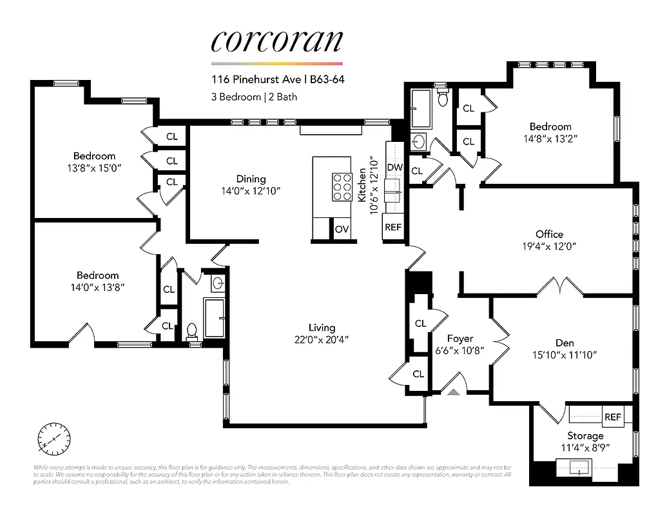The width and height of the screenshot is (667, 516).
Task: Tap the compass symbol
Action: pyautogui.click(x=54, y=440)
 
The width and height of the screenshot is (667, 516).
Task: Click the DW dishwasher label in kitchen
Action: pyautogui.click(x=394, y=168)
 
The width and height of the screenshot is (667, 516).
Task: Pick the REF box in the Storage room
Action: pyautogui.click(x=613, y=417)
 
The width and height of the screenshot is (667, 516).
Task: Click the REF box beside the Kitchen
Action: pyautogui.click(x=393, y=227)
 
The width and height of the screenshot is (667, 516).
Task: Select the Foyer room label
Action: pyautogui.click(x=460, y=339)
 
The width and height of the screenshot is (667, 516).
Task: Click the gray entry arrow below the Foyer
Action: pyautogui.click(x=454, y=390)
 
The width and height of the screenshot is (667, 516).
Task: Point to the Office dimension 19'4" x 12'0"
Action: pyautogui.click(x=549, y=246)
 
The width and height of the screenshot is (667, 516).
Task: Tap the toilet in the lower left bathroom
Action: pyautogui.click(x=191, y=331)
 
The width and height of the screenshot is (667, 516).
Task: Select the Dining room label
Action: pyautogui.click(x=251, y=179)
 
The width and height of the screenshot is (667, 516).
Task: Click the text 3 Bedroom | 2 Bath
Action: pyautogui.click(x=254, y=97)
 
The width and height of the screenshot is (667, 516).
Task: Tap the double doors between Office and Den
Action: pyautogui.click(x=556, y=286)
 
